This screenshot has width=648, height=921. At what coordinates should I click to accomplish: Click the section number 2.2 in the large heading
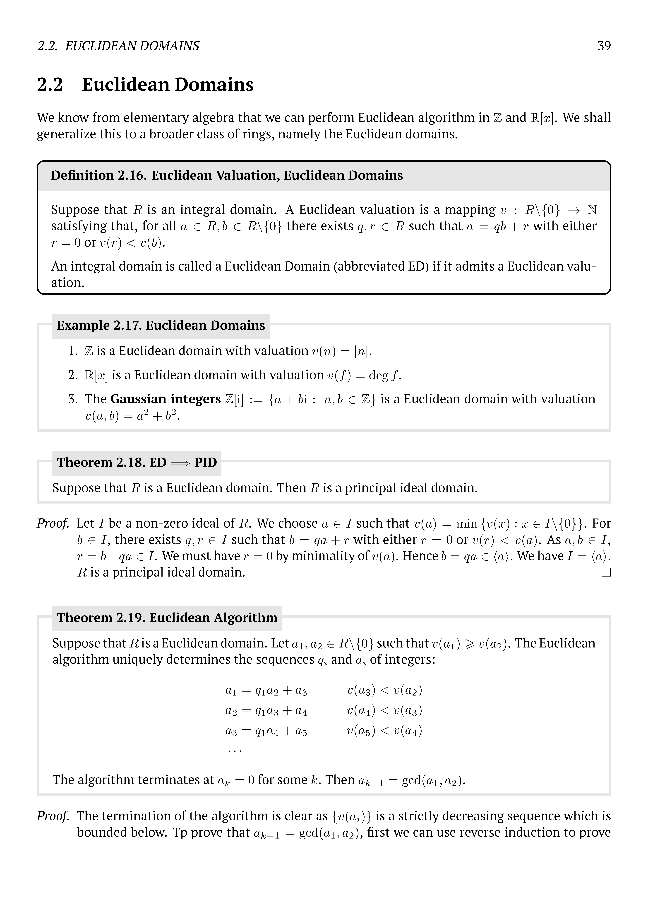pyautogui.click(x=50, y=85)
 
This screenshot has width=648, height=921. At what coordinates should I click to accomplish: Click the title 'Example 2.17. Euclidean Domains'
pyautogui.click(x=161, y=325)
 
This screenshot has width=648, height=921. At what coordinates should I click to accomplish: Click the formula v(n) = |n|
pyautogui.click(x=342, y=351)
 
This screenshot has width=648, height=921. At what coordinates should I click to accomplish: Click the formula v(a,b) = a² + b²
pyautogui.click(x=131, y=416)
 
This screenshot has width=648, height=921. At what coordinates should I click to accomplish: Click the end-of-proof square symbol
pyautogui.click(x=606, y=572)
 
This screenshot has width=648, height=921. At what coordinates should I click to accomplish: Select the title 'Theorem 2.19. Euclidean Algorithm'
pyautogui.click(x=167, y=618)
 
